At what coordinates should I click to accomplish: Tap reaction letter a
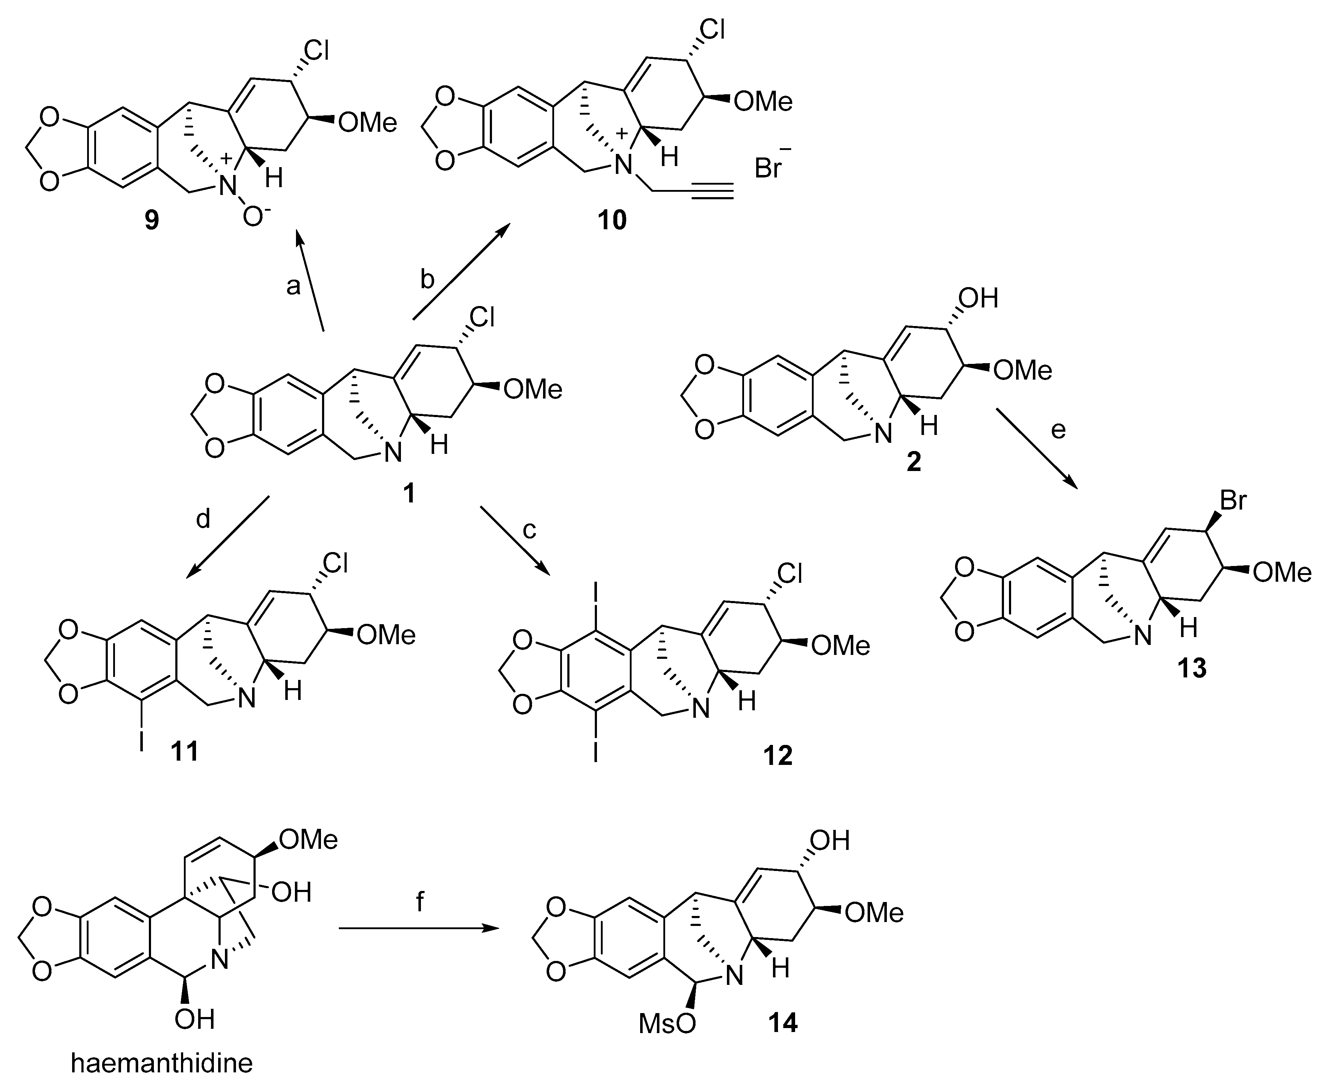click(x=293, y=286)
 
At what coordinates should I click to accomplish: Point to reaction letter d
click(x=204, y=519)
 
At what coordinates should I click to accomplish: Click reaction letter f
click(x=420, y=902)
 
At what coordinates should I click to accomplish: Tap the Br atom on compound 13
click(x=1233, y=501)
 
